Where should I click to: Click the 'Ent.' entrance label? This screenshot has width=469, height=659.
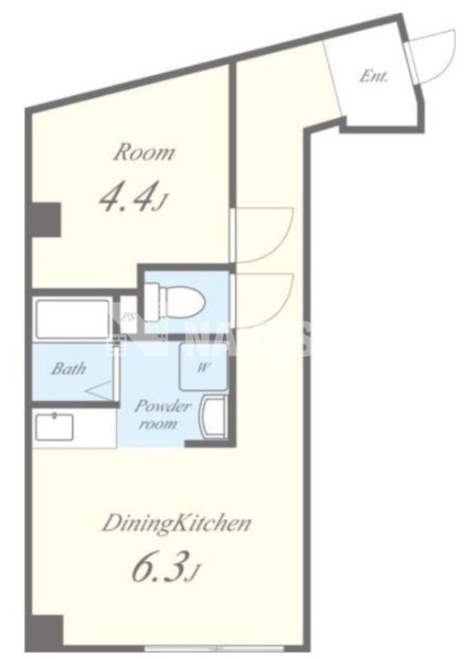374,77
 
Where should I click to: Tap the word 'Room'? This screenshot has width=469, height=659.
144,153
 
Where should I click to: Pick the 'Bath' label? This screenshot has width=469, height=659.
69,370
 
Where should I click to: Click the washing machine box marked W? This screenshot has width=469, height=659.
204,370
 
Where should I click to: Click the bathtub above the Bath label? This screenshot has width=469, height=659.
73,319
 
